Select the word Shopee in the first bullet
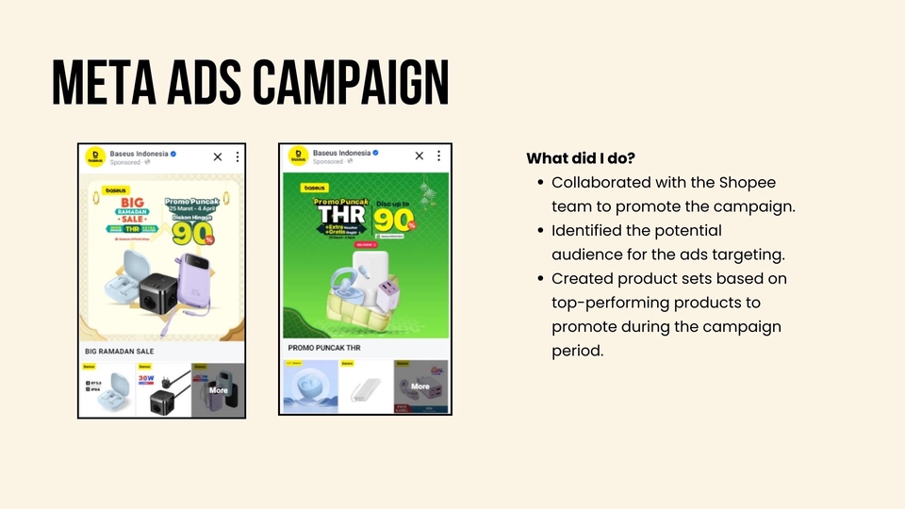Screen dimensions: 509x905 tap(750, 182)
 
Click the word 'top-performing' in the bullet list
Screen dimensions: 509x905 tap(601, 303)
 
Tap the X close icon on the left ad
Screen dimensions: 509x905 tap(218, 156)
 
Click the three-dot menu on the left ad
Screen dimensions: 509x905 tap(238, 156)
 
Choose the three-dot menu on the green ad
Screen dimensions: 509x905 tap(441, 156)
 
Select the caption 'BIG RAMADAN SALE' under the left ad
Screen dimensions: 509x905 tap(120, 352)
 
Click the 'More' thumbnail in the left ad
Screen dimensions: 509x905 tap(218, 389)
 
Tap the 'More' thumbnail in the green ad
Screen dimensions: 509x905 tap(420, 386)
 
